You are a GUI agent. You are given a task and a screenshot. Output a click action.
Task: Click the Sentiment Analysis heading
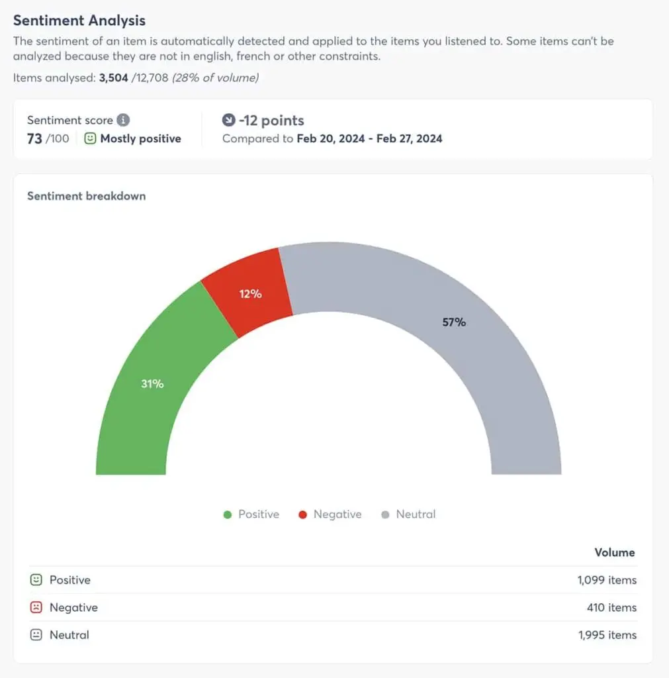coord(79,21)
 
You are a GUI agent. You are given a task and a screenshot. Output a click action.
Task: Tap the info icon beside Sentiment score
coord(123,121)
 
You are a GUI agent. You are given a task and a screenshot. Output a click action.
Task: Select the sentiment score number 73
coord(35,138)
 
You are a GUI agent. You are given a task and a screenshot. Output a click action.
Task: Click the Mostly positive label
coord(140,139)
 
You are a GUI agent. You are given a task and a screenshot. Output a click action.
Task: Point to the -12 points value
coord(271,121)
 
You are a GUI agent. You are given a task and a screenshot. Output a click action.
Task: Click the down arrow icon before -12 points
coord(229,121)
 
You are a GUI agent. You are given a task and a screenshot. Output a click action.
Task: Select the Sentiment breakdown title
coord(86,196)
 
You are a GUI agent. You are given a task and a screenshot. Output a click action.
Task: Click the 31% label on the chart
coord(152,383)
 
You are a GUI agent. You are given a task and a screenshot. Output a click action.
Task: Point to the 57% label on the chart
coord(454,322)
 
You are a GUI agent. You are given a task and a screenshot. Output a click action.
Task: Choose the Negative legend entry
coord(330,514)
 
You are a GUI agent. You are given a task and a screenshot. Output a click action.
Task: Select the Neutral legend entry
coord(409,514)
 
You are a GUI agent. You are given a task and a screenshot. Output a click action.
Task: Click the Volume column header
coord(614,552)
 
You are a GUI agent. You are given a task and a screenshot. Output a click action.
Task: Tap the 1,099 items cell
coord(607,580)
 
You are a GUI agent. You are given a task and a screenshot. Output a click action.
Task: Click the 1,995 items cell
coord(607,635)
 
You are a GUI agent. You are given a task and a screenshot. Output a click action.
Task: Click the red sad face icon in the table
coord(36,607)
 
